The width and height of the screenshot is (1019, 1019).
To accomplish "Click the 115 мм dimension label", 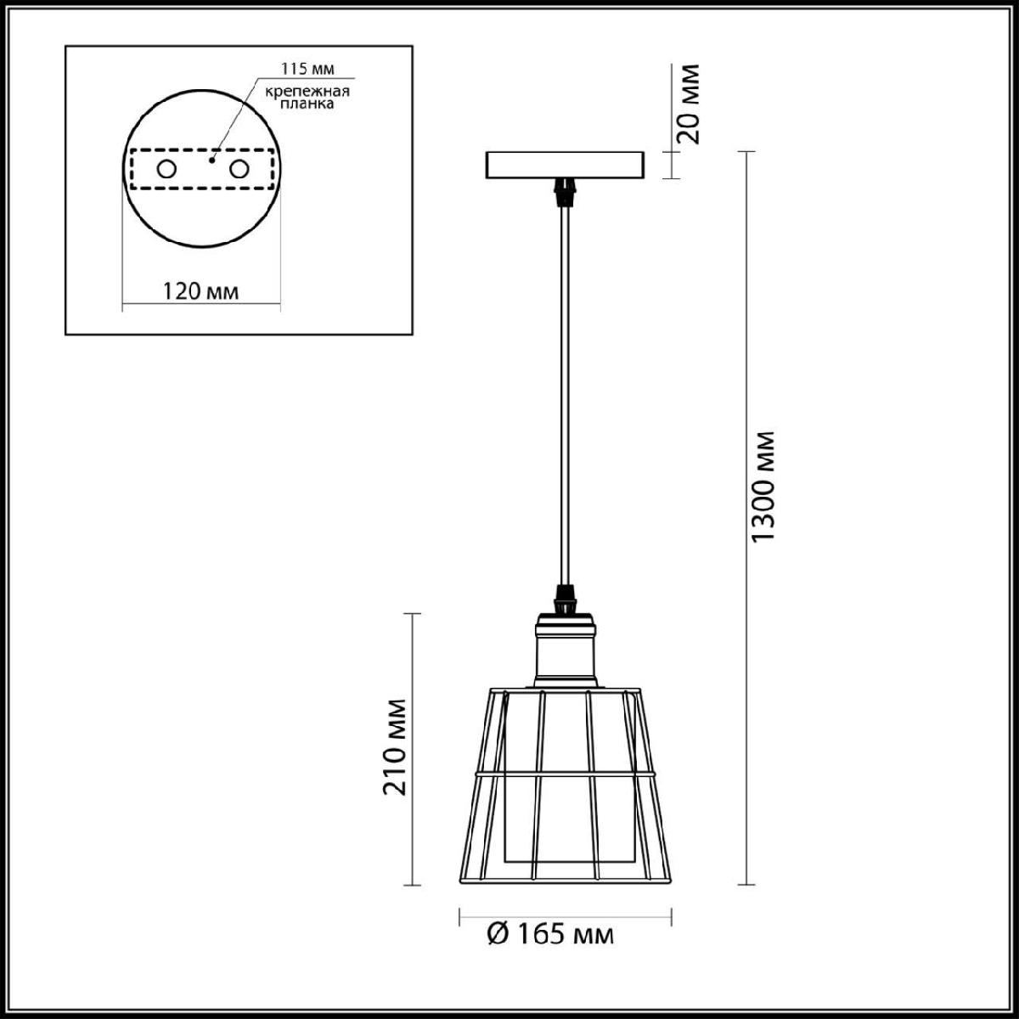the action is pyautogui.click(x=307, y=69).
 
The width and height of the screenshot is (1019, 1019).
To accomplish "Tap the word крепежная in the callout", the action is pyautogui.click(x=307, y=92).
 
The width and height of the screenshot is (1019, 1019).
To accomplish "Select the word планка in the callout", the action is pyautogui.click(x=307, y=104).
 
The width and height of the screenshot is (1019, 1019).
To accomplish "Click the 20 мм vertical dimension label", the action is pyautogui.click(x=689, y=104).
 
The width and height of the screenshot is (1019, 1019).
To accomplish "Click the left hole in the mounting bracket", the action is pyautogui.click(x=166, y=170).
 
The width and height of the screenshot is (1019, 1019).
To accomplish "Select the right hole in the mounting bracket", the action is pyautogui.click(x=239, y=170).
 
